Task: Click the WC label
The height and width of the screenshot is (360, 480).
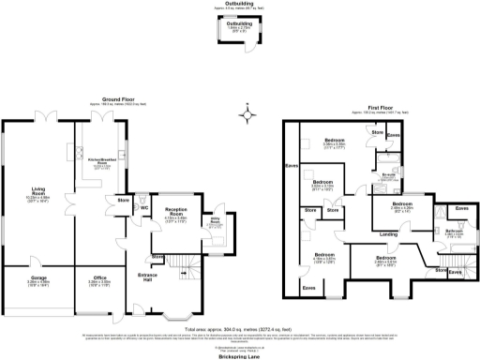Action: (x=144, y=206)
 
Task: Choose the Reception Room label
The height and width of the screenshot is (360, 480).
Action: (x=177, y=212)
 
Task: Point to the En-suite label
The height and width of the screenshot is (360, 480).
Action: (x=385, y=174)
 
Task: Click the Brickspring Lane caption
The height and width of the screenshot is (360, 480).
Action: (x=240, y=355)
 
